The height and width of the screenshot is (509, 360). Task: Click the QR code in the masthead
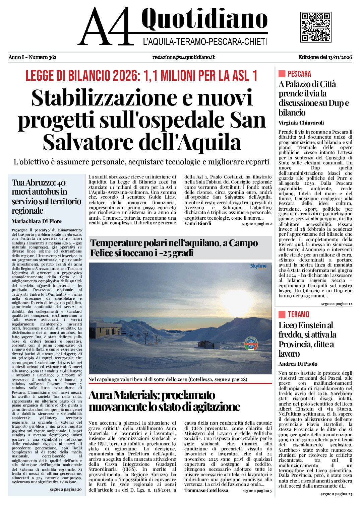tap(315, 27)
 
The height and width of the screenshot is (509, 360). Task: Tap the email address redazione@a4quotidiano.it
tap(183, 57)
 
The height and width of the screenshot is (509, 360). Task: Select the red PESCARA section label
tap(299, 74)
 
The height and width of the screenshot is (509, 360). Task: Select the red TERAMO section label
tap(298, 314)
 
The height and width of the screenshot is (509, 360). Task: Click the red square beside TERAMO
tap(282, 314)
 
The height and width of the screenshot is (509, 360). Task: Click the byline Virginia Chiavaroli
tap(301, 123)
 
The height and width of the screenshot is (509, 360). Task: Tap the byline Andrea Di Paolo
tap(298, 364)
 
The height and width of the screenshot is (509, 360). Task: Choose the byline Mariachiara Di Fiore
tap(37, 221)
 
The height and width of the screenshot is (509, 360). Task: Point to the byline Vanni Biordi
tap(198, 223)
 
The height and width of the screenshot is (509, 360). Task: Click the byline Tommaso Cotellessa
tap(206, 491)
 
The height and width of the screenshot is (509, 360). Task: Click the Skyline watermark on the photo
tap(258, 266)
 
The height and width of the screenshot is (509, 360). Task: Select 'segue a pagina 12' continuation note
tap(337, 304)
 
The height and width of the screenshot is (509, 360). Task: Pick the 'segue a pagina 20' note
tap(65, 489)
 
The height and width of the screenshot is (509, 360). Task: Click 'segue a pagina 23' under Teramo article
tap(336, 494)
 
